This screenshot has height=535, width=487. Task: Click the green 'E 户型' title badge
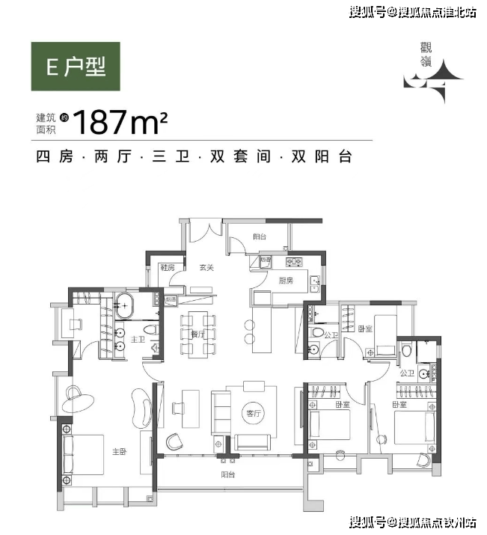[75, 67]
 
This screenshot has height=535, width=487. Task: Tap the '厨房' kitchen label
[286, 281]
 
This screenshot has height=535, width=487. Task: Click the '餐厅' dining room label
[198, 334]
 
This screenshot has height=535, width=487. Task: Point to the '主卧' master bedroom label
[119, 451]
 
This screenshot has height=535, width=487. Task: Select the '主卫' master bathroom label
[138, 339]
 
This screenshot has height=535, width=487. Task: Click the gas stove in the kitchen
[294, 262]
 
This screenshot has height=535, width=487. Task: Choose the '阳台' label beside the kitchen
[260, 236]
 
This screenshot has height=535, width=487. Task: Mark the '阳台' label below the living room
[227, 474]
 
